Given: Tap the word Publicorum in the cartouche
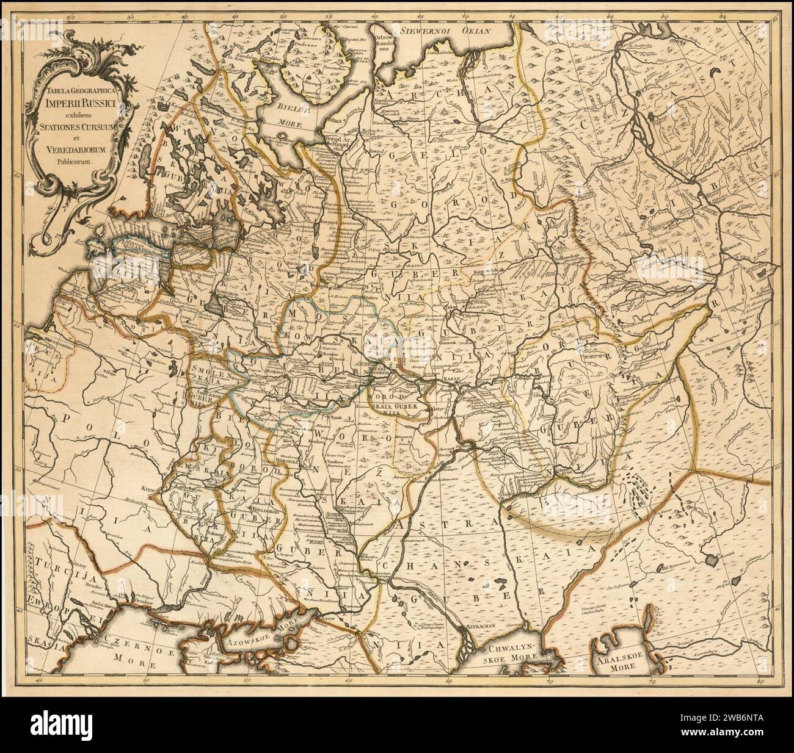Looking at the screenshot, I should click(x=73, y=162).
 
